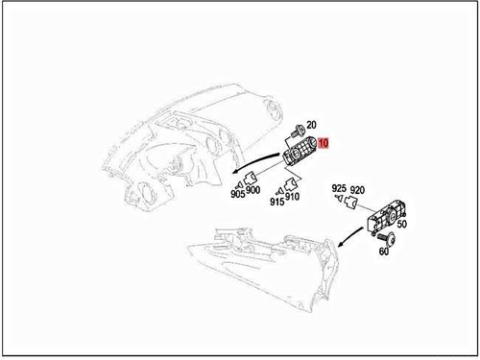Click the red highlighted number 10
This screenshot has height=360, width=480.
coord(324,143)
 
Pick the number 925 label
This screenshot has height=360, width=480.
coord(338,189)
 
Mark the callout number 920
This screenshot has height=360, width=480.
coord(356,189)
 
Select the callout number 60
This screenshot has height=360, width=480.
coord(384,252)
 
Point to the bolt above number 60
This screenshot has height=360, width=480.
coord(390,235)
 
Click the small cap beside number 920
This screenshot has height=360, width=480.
coord(352,204)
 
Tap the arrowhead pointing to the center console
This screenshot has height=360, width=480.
coord(341,246)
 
